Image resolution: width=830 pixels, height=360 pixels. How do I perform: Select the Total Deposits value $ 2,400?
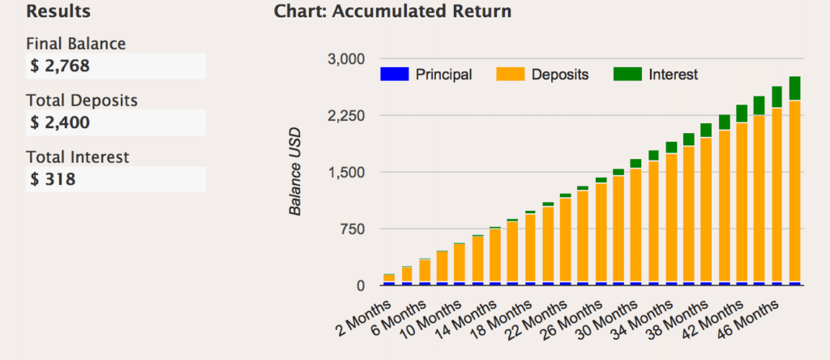[x=60, y=122]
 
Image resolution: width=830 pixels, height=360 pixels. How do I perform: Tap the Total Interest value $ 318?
[x=53, y=179]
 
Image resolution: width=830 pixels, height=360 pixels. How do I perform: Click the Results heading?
[x=58, y=12]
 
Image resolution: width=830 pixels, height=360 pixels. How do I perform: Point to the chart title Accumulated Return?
[x=392, y=12]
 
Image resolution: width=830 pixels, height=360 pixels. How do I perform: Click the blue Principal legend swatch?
[x=393, y=75]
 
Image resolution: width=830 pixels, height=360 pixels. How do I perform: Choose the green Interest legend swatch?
[x=627, y=75]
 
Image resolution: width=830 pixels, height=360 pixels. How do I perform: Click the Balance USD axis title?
[x=296, y=172]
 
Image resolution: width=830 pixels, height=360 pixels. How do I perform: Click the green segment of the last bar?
[x=794, y=88]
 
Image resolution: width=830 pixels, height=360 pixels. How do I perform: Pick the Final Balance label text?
[x=76, y=44]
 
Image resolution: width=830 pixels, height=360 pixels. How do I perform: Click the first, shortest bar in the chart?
[x=388, y=279]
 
